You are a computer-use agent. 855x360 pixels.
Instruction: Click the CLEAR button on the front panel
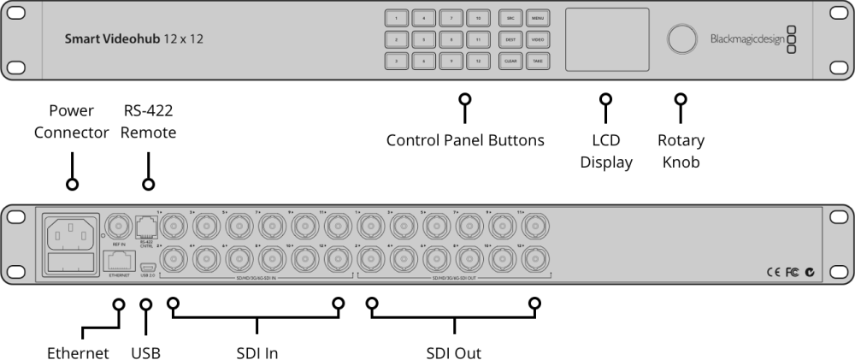(510, 62)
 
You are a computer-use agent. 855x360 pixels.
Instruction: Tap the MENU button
(537, 17)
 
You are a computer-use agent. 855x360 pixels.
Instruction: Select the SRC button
(510, 17)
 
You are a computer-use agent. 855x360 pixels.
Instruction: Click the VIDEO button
(537, 39)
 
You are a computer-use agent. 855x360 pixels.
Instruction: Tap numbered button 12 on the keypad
(480, 62)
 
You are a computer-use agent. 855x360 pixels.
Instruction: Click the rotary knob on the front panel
(681, 39)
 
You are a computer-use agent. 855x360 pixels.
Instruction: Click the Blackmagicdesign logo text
(746, 39)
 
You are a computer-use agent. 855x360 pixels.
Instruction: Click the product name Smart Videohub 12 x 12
(134, 39)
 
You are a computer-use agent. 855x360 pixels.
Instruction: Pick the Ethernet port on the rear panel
(116, 260)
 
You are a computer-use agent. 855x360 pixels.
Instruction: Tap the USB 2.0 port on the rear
(146, 267)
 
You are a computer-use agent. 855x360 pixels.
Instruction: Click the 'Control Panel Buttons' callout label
(465, 140)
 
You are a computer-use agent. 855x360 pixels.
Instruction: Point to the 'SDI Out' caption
(453, 352)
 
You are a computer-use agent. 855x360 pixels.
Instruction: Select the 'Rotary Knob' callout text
(681, 150)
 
